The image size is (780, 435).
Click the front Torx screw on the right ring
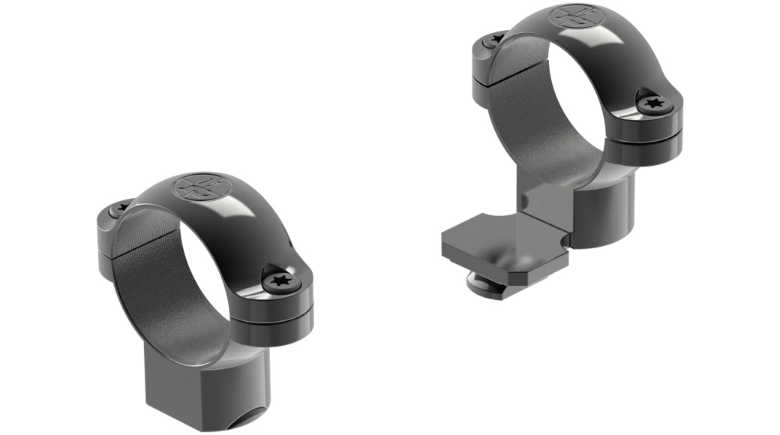tap(652, 105)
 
